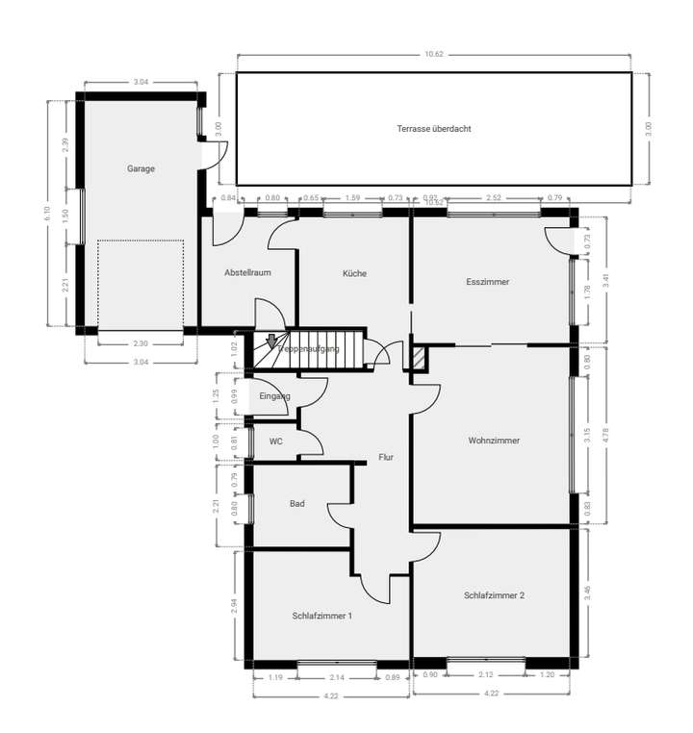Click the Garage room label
(x=141, y=168)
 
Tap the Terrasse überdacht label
(x=433, y=128)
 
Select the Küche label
(x=354, y=273)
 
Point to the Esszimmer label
(x=487, y=282)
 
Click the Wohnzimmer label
(x=494, y=441)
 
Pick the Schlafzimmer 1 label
(x=322, y=615)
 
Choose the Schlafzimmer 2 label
(x=494, y=595)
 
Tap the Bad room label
(x=297, y=503)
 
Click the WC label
(x=275, y=442)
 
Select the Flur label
(x=386, y=457)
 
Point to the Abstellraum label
(x=247, y=272)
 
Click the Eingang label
(x=274, y=395)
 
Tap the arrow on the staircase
(x=271, y=340)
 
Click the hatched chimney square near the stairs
(x=419, y=357)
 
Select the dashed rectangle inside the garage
(x=140, y=284)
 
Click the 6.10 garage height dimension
(x=45, y=215)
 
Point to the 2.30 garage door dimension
(x=140, y=344)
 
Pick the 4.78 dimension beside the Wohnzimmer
(x=606, y=434)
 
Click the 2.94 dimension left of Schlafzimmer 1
(x=232, y=605)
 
